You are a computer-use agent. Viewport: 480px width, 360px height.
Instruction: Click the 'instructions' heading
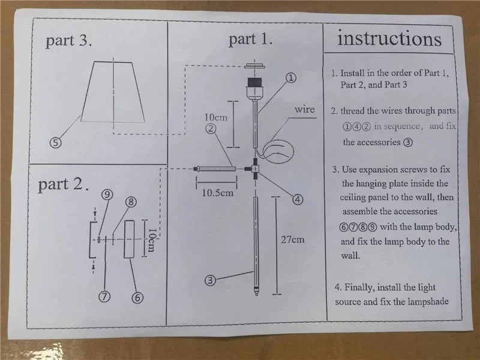[389, 39]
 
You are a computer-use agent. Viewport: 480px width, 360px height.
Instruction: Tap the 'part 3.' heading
[69, 41]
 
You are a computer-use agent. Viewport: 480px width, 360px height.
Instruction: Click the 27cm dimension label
[293, 239]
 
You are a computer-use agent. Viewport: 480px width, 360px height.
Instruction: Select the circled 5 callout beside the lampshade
[55, 142]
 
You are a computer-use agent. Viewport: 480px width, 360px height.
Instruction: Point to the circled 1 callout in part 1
[290, 77]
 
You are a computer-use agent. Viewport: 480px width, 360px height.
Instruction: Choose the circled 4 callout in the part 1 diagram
[298, 199]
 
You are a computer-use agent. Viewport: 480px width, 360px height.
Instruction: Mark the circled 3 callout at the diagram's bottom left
[209, 279]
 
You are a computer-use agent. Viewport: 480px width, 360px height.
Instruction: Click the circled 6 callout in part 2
[137, 296]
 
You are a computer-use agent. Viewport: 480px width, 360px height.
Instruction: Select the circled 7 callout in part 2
[104, 296]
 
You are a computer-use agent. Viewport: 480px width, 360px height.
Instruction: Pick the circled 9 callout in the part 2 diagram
[107, 194]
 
